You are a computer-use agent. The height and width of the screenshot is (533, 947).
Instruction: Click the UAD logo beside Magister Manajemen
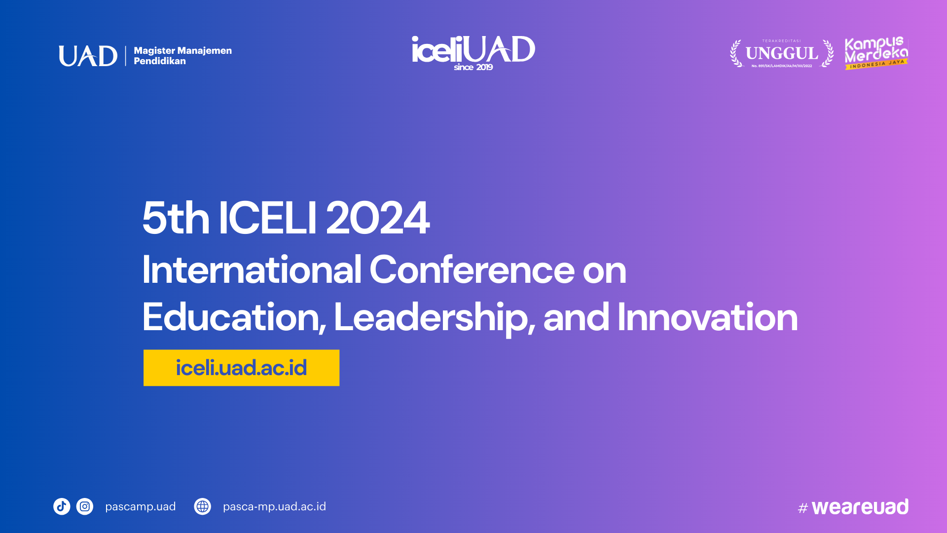pos(88,56)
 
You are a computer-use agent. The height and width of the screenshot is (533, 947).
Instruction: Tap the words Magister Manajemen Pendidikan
pos(182,56)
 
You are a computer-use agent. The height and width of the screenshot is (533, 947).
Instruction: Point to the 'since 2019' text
pos(473,67)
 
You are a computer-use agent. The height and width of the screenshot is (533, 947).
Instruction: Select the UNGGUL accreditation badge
pos(782,53)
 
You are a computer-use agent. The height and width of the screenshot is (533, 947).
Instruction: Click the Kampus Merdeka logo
pos(876,53)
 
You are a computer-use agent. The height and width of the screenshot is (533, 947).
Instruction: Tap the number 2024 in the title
pos(377,218)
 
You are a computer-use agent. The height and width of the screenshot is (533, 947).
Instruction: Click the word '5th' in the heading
pos(176,218)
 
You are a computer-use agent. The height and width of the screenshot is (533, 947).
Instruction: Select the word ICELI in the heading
pos(267,218)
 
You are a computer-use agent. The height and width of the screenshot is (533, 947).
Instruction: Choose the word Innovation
pos(707,317)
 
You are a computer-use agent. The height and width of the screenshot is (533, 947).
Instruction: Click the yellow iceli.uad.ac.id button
pos(241,368)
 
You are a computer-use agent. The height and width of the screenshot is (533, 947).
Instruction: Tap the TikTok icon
pos(62,506)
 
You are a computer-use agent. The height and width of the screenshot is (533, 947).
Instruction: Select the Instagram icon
pos(85,506)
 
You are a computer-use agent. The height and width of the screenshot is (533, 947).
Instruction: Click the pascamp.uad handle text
pos(140,507)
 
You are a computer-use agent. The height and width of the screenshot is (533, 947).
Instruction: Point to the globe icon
pos(202,506)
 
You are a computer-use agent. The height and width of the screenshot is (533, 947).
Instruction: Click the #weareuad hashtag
pos(853,507)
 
